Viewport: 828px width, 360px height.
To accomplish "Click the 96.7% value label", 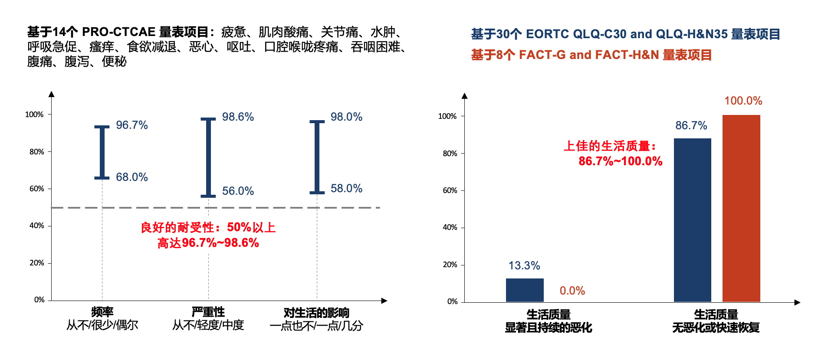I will [131, 125].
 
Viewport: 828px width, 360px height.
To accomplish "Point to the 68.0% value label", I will [131, 177].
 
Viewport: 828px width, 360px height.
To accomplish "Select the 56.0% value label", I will [238, 191].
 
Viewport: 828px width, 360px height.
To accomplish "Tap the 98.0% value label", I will [346, 117].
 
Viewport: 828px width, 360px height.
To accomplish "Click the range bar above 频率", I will [102, 152].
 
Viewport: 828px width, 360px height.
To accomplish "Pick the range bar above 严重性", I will [208, 157].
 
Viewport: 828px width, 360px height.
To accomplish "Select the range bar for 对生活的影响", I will [317, 157].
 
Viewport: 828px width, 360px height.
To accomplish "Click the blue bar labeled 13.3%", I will [525, 290].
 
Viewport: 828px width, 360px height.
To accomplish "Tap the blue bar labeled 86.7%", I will [692, 220].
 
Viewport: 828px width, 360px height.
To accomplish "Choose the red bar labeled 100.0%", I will [741, 208].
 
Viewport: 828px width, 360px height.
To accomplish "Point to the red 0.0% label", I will [572, 291].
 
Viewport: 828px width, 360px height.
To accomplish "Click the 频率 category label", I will [102, 312].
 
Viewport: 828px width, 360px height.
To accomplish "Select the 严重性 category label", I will [208, 312].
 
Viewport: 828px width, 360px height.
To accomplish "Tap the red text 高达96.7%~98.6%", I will [208, 243].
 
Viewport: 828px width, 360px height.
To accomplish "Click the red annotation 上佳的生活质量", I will [610, 146].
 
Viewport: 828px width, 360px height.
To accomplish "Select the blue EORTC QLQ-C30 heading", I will [625, 34].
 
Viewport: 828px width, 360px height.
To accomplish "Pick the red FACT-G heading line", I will [591, 55].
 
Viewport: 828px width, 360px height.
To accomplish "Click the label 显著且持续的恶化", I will [548, 328].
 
